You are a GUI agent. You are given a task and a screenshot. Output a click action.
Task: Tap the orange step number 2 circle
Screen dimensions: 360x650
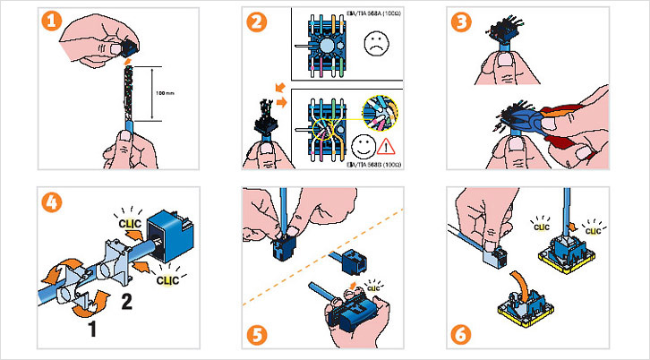click(x=258, y=25)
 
